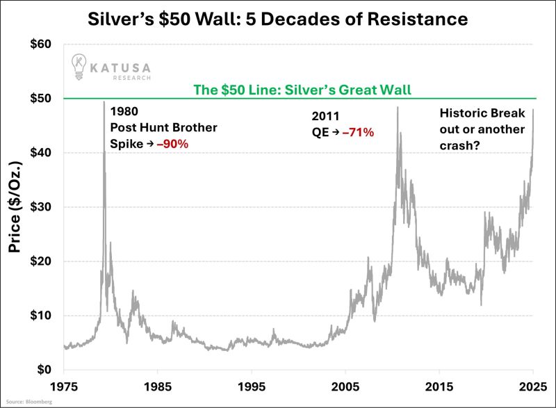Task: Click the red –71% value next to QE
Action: [x=358, y=131]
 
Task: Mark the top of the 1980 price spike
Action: [x=104, y=102]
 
